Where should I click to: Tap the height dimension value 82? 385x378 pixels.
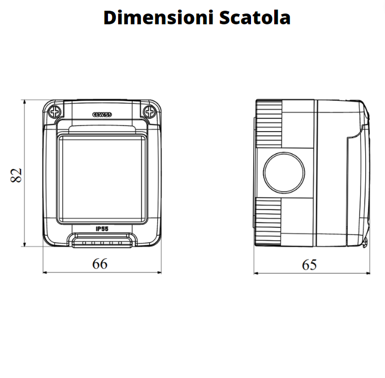(17, 175)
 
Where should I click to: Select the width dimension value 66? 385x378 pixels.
(100, 263)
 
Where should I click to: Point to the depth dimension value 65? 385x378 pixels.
(309, 264)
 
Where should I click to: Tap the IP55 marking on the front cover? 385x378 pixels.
(102, 228)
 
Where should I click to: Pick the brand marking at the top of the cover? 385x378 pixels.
(102, 114)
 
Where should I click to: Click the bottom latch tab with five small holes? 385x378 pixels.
(102, 242)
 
